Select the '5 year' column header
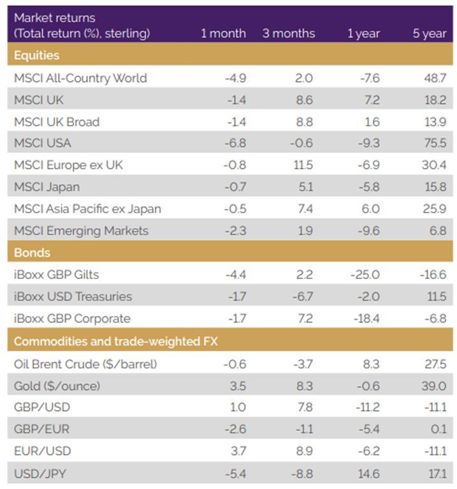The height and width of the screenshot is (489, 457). tap(430, 33)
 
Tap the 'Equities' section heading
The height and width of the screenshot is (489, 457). tap(36, 56)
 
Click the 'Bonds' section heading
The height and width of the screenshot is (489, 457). tap(32, 252)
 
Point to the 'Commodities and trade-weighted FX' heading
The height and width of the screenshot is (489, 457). tap(115, 342)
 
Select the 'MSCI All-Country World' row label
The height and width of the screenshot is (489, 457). tap(80, 78)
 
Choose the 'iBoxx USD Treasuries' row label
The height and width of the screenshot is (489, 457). tap(73, 296)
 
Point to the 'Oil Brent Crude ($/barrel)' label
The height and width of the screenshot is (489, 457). tap(85, 364)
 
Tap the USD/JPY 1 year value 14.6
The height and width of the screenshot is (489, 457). tap(370, 473)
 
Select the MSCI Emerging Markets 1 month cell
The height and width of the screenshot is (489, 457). tap(232, 230)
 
